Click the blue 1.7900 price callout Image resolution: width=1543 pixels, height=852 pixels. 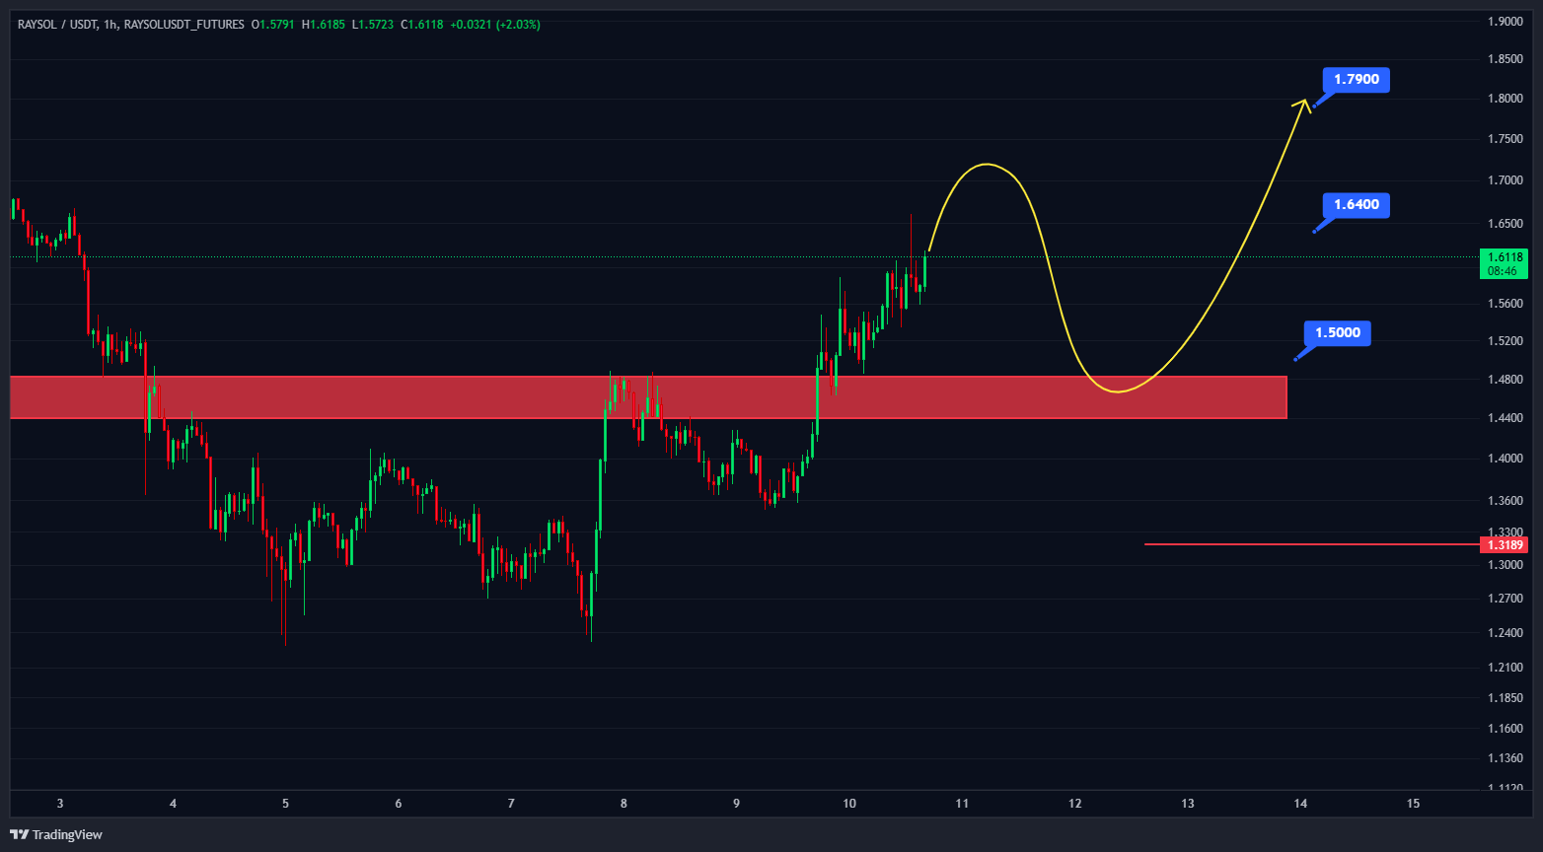tap(1356, 80)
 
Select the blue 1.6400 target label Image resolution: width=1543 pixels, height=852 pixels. tap(1356, 205)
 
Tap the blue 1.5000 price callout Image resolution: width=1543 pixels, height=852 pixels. tap(1337, 333)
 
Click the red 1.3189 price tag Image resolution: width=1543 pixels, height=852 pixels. tap(1506, 544)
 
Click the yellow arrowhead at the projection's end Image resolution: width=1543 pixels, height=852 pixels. tap(1304, 102)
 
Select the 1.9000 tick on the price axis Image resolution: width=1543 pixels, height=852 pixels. tap(1506, 22)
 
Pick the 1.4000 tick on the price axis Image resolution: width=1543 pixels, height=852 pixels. tap(1506, 459)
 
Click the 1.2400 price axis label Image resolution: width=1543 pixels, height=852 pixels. tap(1506, 633)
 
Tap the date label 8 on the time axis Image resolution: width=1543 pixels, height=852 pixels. tap(624, 804)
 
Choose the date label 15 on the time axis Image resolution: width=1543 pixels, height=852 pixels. tap(1413, 804)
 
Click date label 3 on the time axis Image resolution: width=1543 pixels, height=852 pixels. tap(60, 804)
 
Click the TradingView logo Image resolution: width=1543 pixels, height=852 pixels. tap(56, 835)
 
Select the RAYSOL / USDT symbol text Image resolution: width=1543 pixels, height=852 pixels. tap(57, 25)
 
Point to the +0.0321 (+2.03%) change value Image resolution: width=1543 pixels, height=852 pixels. tap(495, 25)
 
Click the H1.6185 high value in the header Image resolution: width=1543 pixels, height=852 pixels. tap(325, 25)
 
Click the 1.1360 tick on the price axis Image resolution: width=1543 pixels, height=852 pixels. tap(1506, 759)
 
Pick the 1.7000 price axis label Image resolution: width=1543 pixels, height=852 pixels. tap(1506, 180)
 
